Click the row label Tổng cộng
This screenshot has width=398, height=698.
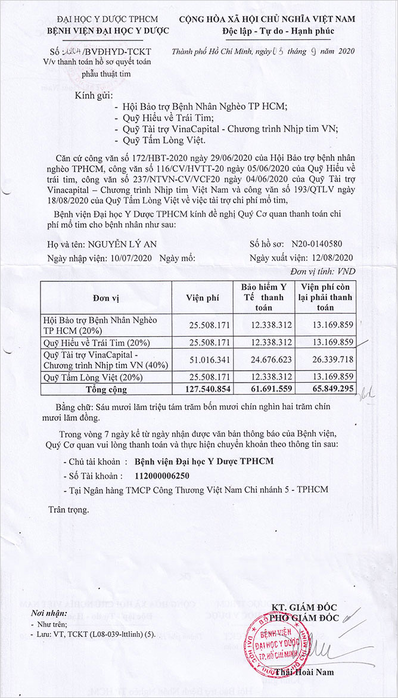106,389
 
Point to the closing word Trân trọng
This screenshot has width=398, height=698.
69,510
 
